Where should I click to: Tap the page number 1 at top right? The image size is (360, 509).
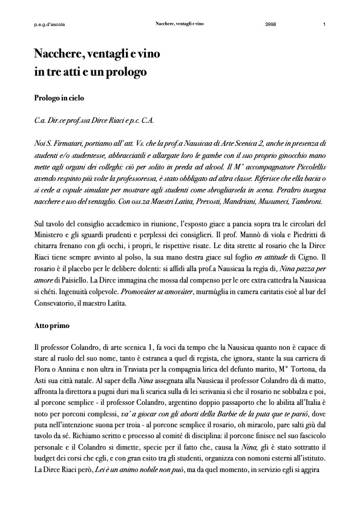point(325,25)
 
